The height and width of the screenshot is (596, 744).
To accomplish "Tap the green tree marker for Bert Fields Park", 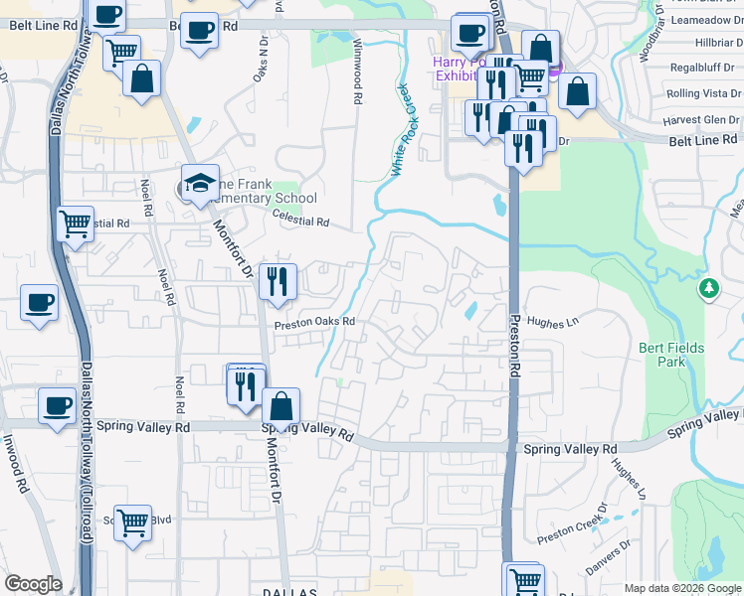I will point(708,289).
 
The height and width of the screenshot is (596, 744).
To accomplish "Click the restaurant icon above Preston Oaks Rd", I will point(278,281).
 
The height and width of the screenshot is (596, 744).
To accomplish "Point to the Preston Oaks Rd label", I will point(315,322).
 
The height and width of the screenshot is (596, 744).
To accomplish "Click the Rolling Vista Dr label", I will point(696,93).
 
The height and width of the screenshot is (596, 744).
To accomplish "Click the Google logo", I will point(32,584).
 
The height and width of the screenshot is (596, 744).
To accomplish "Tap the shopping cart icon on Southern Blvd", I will point(132,522).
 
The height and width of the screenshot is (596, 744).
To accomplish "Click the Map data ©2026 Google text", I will point(681,588).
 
